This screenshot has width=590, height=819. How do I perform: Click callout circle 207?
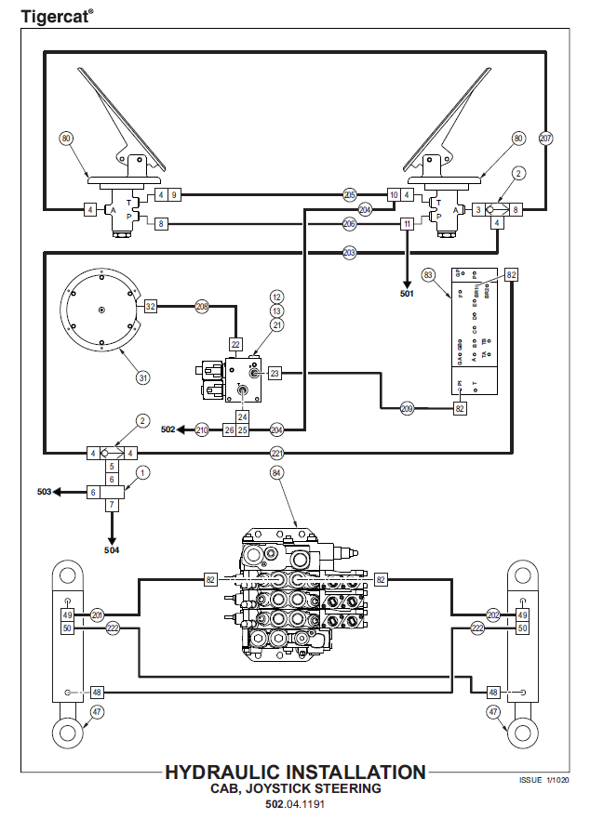(x=546, y=138)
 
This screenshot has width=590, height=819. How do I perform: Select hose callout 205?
(x=350, y=195)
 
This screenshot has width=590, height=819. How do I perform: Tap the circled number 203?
(x=350, y=252)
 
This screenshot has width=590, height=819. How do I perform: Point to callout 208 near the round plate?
(x=202, y=305)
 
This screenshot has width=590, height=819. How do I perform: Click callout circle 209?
(x=407, y=407)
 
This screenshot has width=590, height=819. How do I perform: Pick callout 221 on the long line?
(x=276, y=453)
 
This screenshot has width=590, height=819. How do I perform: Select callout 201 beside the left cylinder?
(x=98, y=614)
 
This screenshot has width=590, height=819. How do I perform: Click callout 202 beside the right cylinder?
(x=493, y=614)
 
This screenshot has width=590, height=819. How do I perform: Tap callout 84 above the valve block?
(x=276, y=474)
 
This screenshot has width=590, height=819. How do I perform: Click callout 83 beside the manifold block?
(x=429, y=275)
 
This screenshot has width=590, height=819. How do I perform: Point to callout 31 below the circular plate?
(x=142, y=377)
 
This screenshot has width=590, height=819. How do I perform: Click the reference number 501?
(x=407, y=295)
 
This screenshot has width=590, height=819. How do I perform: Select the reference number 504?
(x=112, y=549)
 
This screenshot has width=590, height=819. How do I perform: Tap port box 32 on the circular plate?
(x=150, y=305)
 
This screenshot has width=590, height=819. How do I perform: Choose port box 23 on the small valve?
(x=275, y=373)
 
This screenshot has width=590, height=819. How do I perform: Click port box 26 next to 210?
(x=228, y=429)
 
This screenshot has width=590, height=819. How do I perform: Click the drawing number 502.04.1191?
(x=295, y=804)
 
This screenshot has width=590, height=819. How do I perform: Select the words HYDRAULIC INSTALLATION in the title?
(x=295, y=773)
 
